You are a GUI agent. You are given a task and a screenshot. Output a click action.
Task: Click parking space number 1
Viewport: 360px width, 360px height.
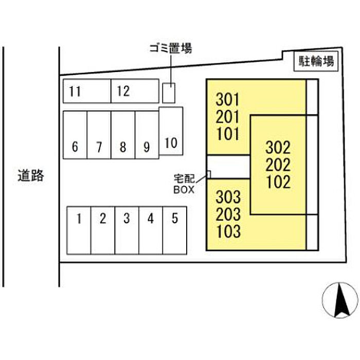tap(79, 230)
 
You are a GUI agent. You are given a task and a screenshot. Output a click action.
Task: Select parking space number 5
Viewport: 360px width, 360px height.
tap(175, 230)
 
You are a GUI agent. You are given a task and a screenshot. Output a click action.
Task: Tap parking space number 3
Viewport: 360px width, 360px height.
tap(127, 230)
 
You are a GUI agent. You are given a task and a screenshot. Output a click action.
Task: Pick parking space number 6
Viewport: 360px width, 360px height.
tap(75, 135)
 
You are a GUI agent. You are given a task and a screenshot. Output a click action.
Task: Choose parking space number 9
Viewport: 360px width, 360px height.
tap(147, 135)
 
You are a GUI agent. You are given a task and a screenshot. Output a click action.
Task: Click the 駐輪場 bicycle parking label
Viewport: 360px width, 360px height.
tap(317, 63)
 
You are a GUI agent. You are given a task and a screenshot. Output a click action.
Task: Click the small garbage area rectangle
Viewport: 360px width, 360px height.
tap(169, 93)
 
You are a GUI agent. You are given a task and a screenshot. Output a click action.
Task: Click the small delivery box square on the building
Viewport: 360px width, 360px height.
tap(209, 174)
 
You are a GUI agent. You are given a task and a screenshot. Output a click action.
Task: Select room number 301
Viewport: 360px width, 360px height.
tap(228, 98)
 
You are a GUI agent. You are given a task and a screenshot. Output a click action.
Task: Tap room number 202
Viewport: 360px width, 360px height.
tap(278, 165)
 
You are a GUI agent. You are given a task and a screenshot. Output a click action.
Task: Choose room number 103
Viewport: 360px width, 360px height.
tap(228, 231)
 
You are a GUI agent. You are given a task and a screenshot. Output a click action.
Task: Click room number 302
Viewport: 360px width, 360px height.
tap(278, 148)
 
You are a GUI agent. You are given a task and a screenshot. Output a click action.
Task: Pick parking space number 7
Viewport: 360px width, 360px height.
tap(99, 135)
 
